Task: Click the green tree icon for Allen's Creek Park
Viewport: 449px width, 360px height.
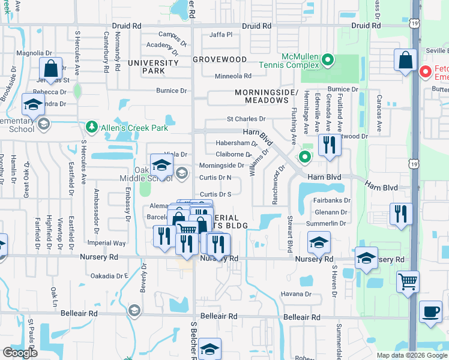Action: (91, 126)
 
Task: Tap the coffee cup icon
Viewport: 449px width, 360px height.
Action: (430, 311)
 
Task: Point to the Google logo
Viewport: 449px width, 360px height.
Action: (20, 353)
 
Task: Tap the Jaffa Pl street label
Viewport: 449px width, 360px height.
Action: (221, 35)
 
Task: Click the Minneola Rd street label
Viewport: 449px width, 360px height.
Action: (234, 76)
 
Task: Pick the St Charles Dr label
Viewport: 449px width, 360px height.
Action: (246, 119)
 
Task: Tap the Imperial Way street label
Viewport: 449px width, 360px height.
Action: (107, 244)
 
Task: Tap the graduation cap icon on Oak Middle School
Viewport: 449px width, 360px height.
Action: (161, 164)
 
